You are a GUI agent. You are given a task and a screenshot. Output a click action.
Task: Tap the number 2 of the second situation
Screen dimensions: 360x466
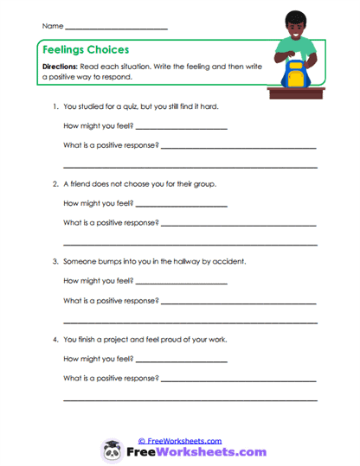[x=55, y=184]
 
